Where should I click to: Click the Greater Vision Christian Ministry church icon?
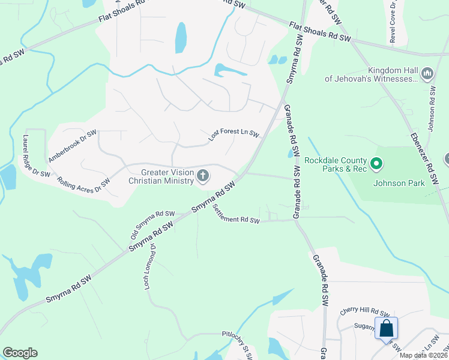coord(203,176)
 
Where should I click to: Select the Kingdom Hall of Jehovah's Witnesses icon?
coord(427,74)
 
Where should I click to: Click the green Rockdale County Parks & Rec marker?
coord(376,163)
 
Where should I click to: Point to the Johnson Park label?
coord(398,183)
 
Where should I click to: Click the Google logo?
coord(20,353)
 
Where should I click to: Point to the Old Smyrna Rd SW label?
coord(152,224)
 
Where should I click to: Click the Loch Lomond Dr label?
coord(149,267)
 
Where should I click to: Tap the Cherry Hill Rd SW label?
coord(364,311)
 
